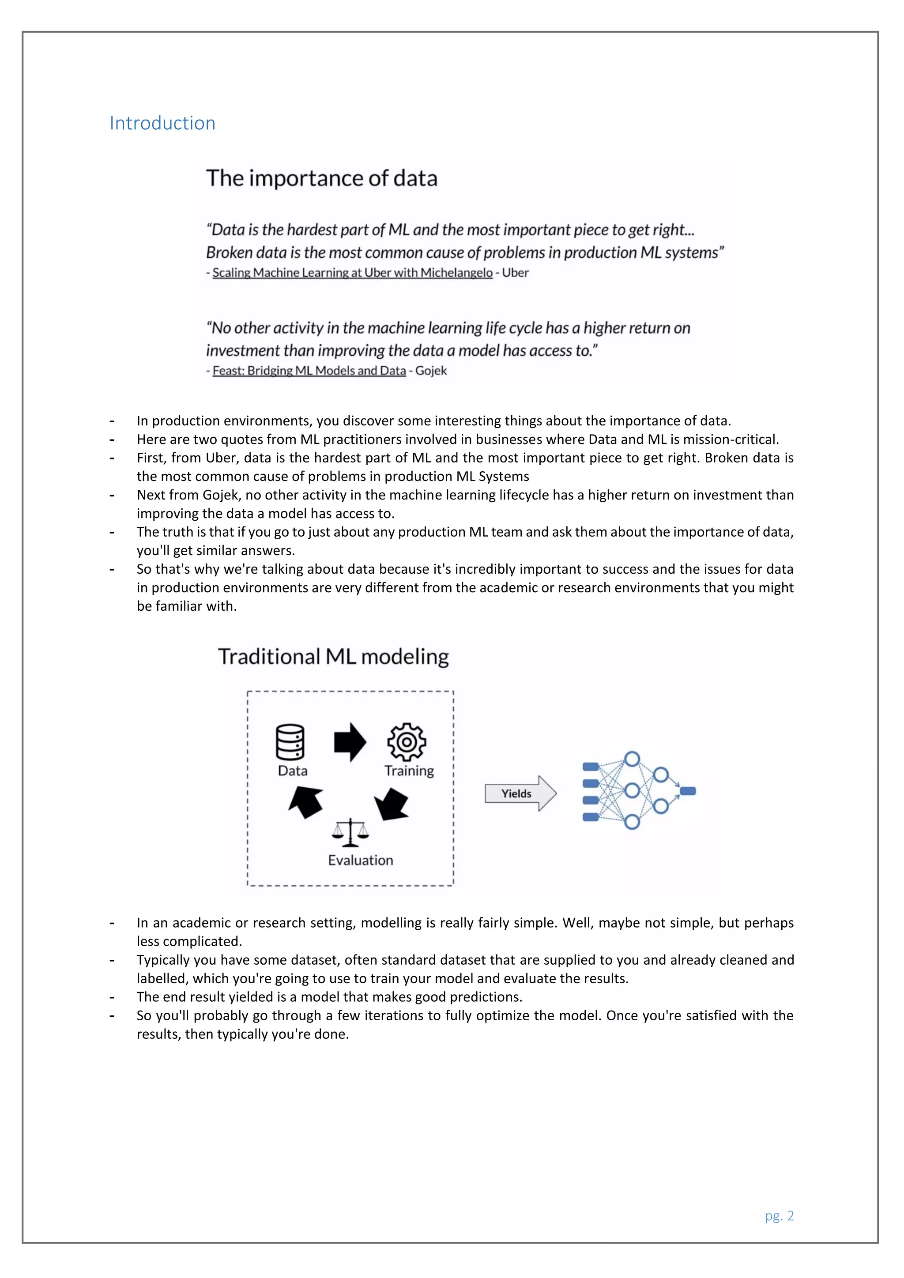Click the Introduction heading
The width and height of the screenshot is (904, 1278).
pyautogui.click(x=162, y=123)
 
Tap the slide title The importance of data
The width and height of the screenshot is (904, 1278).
pyautogui.click(x=322, y=178)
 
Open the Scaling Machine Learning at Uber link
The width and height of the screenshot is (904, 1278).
pyautogui.click(x=352, y=273)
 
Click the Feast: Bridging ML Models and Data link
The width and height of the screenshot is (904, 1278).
pyautogui.click(x=309, y=371)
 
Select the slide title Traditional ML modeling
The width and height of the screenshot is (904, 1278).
pyautogui.click(x=333, y=657)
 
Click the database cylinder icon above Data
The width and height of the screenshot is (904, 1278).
pyautogui.click(x=290, y=742)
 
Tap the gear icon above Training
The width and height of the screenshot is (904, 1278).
pyautogui.click(x=407, y=742)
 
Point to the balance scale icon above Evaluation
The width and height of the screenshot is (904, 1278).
pyautogui.click(x=350, y=832)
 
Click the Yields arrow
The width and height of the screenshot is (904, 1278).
pyautogui.click(x=520, y=793)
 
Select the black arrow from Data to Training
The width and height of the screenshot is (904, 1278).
pyautogui.click(x=350, y=742)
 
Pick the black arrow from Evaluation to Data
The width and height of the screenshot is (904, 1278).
pyautogui.click(x=306, y=801)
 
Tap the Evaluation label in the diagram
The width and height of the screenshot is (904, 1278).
pyautogui.click(x=360, y=861)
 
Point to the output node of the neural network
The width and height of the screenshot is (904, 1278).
pyautogui.click(x=688, y=791)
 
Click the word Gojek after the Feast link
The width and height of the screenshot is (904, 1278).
pyautogui.click(x=431, y=371)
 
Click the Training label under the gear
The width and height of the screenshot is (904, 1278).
pyautogui.click(x=409, y=771)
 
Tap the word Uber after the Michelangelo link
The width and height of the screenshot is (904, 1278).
pyautogui.click(x=515, y=273)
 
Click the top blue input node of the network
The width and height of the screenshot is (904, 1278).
pyautogui.click(x=591, y=767)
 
